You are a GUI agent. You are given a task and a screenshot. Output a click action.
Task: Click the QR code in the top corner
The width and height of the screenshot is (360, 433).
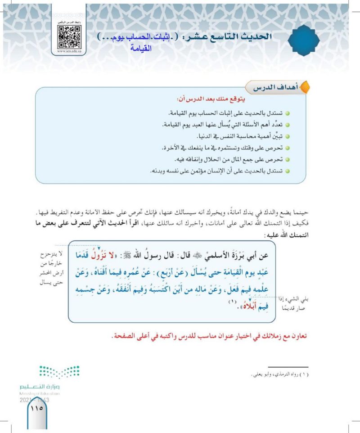(x=69, y=36)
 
